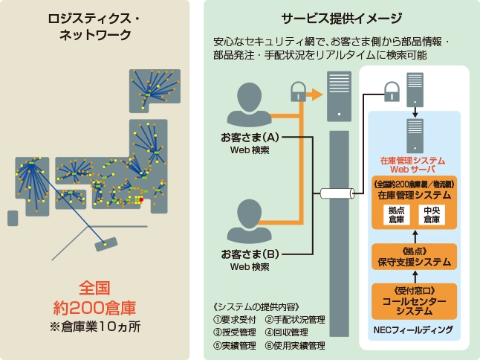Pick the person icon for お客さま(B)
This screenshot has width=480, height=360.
point(250,218)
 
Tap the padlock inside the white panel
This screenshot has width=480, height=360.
point(392,93)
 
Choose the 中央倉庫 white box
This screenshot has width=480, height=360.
point(432,214)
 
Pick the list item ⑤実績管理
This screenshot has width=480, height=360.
point(234,345)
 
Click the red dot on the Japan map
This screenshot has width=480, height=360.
point(141,199)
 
